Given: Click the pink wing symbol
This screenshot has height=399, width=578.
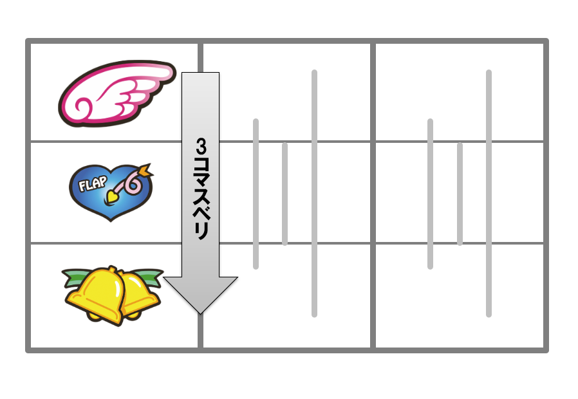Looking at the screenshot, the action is [x=116, y=94].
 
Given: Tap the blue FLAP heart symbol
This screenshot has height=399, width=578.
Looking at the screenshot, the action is [x=111, y=192].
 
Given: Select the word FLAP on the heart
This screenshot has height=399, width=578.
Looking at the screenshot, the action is [x=93, y=183].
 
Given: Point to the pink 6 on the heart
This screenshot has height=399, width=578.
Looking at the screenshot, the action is [x=132, y=185].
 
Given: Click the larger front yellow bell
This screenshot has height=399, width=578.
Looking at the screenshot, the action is [x=96, y=295].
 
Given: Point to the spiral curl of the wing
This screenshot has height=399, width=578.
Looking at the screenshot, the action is [x=82, y=107].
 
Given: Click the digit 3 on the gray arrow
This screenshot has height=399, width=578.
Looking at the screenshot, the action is [x=201, y=146].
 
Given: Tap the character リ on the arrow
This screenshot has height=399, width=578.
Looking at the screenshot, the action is [x=201, y=231].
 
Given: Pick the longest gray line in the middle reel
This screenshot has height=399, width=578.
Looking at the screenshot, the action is [x=315, y=194].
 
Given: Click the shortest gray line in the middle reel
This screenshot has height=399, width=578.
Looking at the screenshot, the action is [x=284, y=194].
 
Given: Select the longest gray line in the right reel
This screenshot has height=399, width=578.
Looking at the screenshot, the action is [x=489, y=194].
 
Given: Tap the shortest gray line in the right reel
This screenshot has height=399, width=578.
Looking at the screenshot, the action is [x=460, y=194].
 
